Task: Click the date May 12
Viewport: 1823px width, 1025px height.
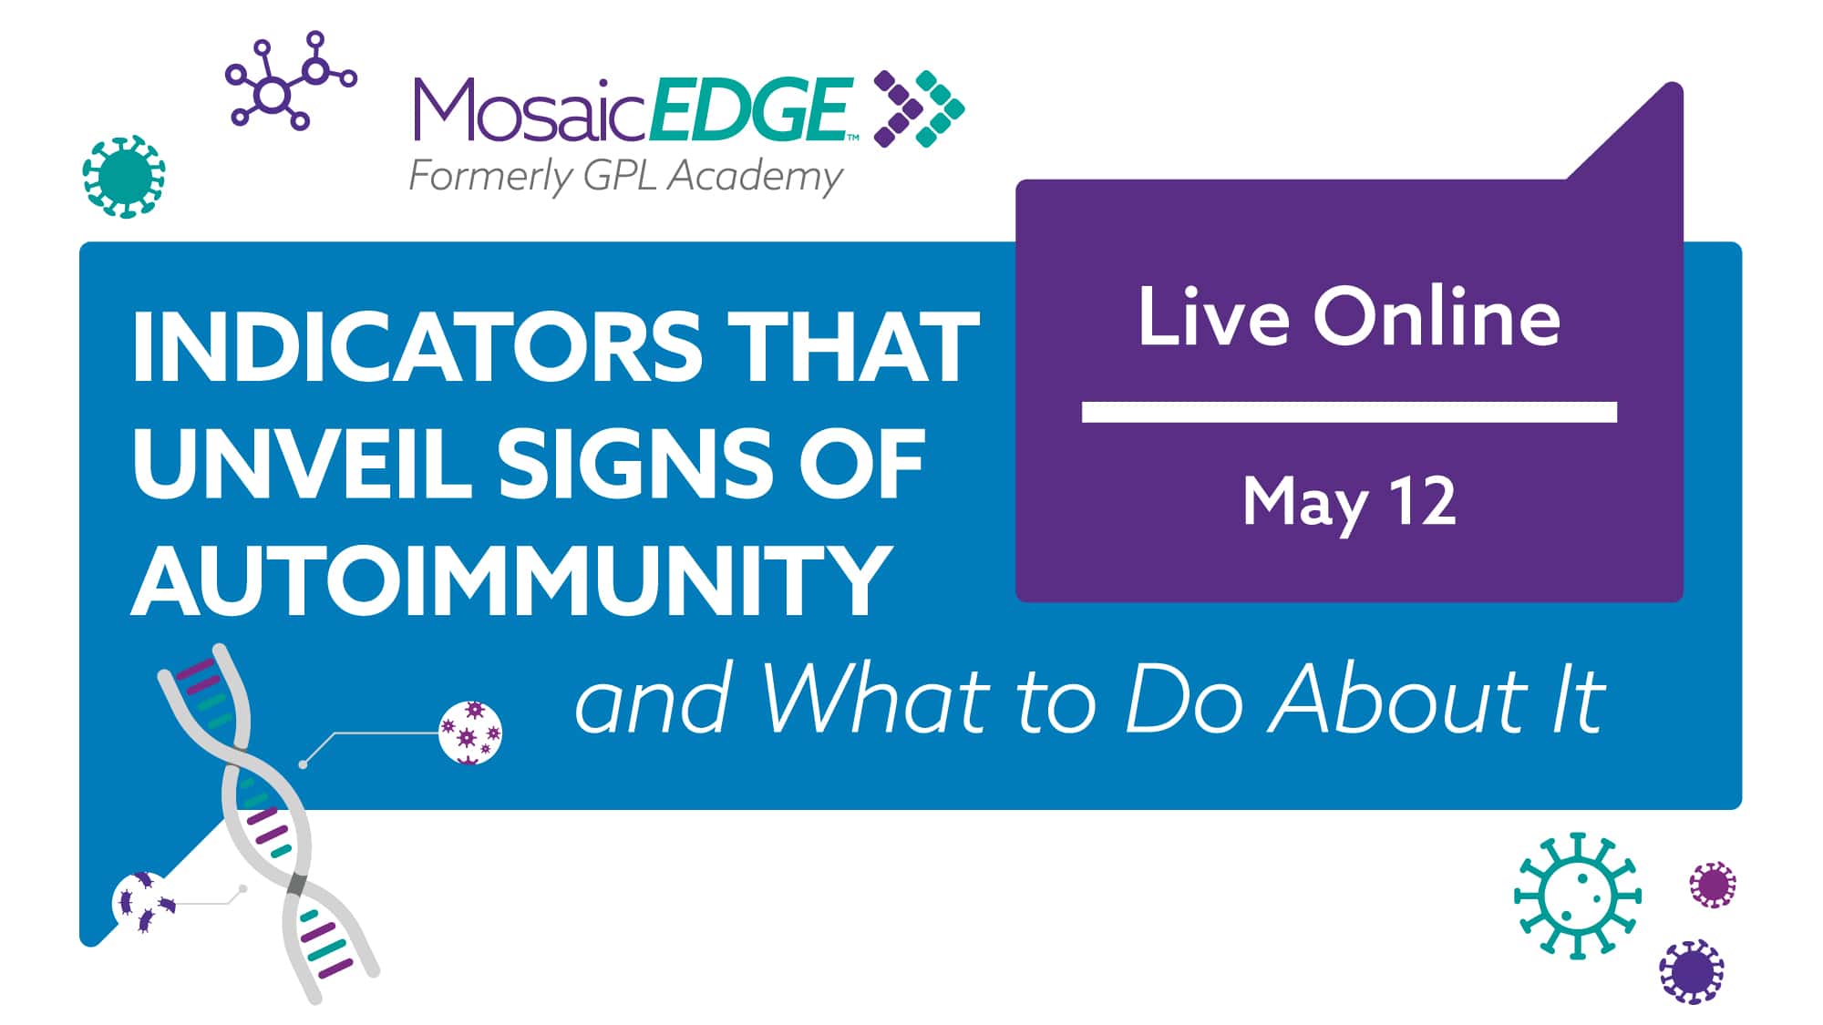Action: pos(1349,503)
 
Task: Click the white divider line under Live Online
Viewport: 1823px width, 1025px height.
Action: pos(1349,412)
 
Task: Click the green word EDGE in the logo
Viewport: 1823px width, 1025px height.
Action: pos(753,109)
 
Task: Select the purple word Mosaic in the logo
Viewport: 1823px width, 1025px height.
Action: pos(530,109)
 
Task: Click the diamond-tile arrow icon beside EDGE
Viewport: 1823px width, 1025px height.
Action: pos(919,109)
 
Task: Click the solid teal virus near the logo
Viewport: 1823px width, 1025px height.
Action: pos(124,177)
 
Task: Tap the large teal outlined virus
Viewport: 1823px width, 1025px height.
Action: pos(1577,896)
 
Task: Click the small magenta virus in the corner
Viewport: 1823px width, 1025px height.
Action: pos(1713,885)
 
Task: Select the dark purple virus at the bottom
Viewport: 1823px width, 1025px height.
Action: pos(1692,972)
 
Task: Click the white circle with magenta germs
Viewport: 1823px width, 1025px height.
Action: pos(470,733)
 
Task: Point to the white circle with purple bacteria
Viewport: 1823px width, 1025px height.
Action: pos(143,903)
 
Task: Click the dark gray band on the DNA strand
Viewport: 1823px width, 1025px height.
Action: pos(296,885)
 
